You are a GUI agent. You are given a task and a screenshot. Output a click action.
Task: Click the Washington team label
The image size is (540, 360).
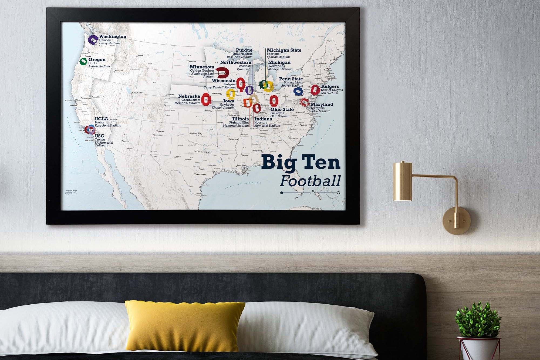tap(112, 36)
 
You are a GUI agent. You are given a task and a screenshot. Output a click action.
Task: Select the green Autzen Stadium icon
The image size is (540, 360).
tap(83, 62)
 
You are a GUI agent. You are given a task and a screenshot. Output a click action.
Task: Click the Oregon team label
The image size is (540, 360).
tap(97, 60)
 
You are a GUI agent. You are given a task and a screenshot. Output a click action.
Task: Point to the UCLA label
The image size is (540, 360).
tap(101, 119)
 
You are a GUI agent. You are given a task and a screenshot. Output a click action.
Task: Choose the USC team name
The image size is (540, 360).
tap(99, 136)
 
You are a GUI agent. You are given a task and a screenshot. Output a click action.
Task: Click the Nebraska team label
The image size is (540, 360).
tap(189, 96)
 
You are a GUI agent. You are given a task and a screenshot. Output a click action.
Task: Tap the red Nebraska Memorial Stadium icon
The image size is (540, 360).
tap(206, 99)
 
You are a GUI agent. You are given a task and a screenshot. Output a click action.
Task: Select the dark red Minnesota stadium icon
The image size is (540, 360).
tap(223, 72)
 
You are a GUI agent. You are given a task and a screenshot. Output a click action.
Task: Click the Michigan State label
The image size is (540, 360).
tap(284, 50)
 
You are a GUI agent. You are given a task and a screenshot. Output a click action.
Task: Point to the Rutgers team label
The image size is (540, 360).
tap(330, 86)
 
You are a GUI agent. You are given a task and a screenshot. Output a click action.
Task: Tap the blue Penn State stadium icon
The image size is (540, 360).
tap(298, 91)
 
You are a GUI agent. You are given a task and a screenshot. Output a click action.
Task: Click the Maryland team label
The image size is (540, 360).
tap(322, 104)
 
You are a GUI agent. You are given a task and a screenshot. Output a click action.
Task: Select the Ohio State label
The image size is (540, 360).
tap(282, 109)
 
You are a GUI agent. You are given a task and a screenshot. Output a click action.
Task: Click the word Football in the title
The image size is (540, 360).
tap(310, 181)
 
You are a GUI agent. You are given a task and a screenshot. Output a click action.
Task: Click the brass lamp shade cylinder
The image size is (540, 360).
tap(403, 181)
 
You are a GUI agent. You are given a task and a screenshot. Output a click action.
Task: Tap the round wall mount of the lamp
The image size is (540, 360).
tap(456, 221)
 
